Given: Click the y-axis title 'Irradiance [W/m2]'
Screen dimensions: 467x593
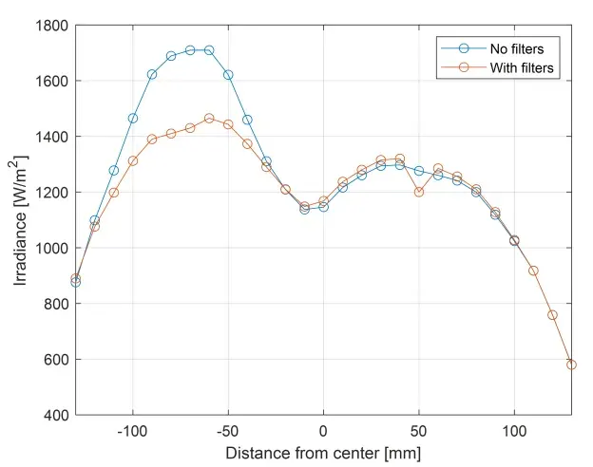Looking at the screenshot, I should (20, 220).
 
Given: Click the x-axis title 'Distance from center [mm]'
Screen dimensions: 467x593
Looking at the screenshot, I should (323, 451).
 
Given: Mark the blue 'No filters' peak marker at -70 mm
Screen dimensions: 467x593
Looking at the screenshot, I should (190, 49).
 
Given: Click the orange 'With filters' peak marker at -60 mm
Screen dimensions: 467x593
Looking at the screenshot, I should (209, 119).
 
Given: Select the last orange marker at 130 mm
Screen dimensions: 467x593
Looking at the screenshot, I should (571, 364).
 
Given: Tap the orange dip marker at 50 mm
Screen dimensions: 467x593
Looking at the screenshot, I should (419, 192).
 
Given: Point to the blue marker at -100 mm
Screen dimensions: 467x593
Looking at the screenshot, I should (133, 119).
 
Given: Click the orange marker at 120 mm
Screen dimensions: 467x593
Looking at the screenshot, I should (552, 314).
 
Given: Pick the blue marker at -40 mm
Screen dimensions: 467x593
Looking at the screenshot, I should (247, 120).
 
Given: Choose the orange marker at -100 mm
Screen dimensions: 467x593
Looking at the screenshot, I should (133, 160).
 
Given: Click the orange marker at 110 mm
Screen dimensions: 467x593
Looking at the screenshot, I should (533, 271).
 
